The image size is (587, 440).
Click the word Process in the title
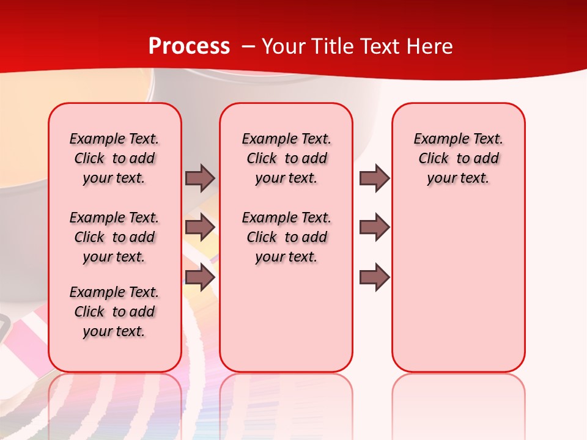point(189,46)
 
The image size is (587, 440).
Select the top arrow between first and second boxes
point(200,178)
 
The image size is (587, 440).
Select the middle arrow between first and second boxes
point(200,227)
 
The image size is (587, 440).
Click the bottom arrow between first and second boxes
point(200,277)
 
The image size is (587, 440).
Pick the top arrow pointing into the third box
point(374,178)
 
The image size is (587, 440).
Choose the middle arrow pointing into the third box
point(374,227)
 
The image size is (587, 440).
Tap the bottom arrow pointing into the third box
point(374,277)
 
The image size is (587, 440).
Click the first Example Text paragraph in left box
point(114,158)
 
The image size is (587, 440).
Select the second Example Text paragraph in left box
point(114,237)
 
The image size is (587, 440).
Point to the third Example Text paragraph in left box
point(114,312)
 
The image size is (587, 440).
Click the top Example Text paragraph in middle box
point(287,158)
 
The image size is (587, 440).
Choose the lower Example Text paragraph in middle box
point(287,237)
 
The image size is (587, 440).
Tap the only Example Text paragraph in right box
point(459,158)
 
